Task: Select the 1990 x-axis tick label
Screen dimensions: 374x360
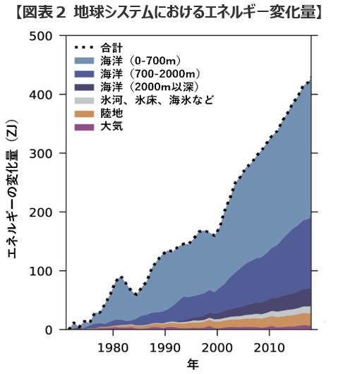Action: click(x=164, y=347)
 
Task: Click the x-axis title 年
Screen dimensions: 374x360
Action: click(x=192, y=364)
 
